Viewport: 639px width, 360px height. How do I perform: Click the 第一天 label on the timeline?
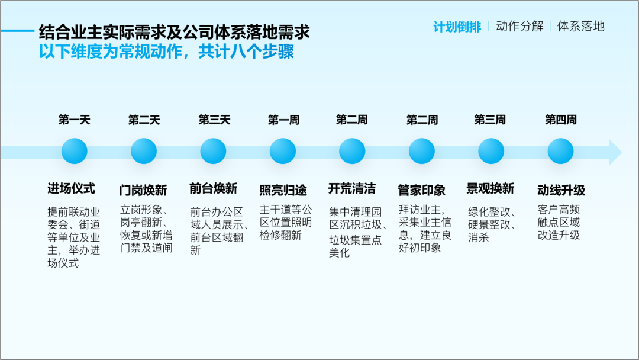74,120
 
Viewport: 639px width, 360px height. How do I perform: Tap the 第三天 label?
214,120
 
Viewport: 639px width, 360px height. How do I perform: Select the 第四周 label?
561,120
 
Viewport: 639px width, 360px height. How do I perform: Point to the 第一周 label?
283,120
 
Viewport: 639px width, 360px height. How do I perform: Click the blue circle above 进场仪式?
74,151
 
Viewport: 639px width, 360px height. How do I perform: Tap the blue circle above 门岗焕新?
144,151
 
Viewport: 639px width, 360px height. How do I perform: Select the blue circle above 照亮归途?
283,151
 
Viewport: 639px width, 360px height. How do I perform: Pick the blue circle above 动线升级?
561,151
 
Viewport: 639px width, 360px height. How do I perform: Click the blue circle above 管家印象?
422,151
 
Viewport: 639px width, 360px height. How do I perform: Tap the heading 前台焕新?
213,188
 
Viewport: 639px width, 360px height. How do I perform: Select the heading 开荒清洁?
352,188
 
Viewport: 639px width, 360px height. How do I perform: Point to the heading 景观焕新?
490,188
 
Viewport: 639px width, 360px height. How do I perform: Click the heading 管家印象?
422,190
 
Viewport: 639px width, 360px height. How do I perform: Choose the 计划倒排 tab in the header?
457,27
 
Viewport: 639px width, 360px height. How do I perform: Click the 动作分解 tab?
519,26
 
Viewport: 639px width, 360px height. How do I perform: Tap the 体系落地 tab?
581,26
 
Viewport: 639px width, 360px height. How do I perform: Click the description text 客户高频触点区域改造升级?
559,222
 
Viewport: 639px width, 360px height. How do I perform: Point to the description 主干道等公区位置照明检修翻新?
286,222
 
